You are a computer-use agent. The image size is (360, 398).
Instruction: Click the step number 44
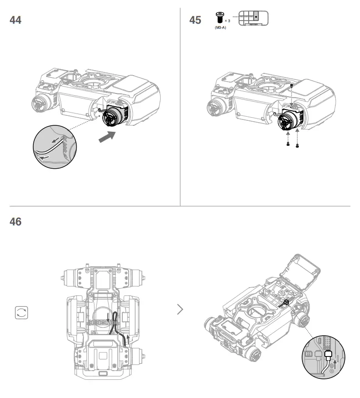click(16, 20)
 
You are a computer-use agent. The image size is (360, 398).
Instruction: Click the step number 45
click(195, 20)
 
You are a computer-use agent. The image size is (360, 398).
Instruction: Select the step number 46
click(16, 222)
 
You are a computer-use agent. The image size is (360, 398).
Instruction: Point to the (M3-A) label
click(220, 28)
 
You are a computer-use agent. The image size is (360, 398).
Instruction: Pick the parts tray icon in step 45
click(254, 17)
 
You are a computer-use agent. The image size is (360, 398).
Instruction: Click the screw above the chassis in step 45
click(292, 86)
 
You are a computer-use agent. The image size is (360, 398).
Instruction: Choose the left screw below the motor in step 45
click(287, 144)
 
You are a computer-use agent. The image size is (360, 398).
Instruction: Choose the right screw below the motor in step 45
click(297, 145)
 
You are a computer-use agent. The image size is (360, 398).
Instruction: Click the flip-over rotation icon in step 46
click(21, 313)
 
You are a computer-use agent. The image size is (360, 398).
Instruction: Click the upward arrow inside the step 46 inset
click(337, 362)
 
